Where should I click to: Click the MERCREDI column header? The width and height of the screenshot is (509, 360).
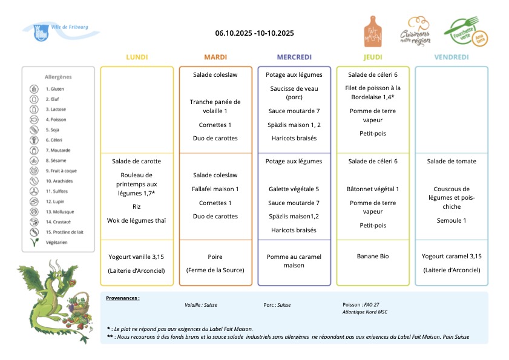pyautogui.click(x=294, y=57)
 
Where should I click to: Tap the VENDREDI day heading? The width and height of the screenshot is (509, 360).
pyautogui.click(x=451, y=57)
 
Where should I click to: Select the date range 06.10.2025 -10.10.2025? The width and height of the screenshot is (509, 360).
pyautogui.click(x=254, y=33)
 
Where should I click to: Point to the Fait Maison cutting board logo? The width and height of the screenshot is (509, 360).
pyautogui.click(x=373, y=31)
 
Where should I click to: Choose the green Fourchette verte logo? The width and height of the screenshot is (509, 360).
pyautogui.click(x=465, y=32)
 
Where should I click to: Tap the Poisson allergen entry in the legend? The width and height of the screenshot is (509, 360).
pyautogui.click(x=56, y=119)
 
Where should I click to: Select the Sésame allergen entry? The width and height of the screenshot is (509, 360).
pyautogui.click(x=56, y=160)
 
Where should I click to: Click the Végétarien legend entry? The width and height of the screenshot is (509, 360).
pyautogui.click(x=56, y=242)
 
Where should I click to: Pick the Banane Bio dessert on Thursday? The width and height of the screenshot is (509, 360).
pyautogui.click(x=373, y=256)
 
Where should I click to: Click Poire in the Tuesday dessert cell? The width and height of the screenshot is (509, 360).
pyautogui.click(x=215, y=257)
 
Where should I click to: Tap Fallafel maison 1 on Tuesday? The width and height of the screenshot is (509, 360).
pyautogui.click(x=215, y=189)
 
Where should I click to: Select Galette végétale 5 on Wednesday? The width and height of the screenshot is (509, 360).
pyautogui.click(x=294, y=189)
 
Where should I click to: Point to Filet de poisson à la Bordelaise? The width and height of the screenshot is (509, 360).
pyautogui.click(x=373, y=92)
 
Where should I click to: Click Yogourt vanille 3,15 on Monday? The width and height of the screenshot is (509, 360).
pyautogui.click(x=137, y=257)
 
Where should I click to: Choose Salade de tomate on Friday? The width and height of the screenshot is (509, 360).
pyautogui.click(x=452, y=161)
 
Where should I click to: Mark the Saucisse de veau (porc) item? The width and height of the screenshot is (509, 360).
pyautogui.click(x=294, y=92)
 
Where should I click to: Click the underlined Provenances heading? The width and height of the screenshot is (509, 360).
pyautogui.click(x=123, y=298)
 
